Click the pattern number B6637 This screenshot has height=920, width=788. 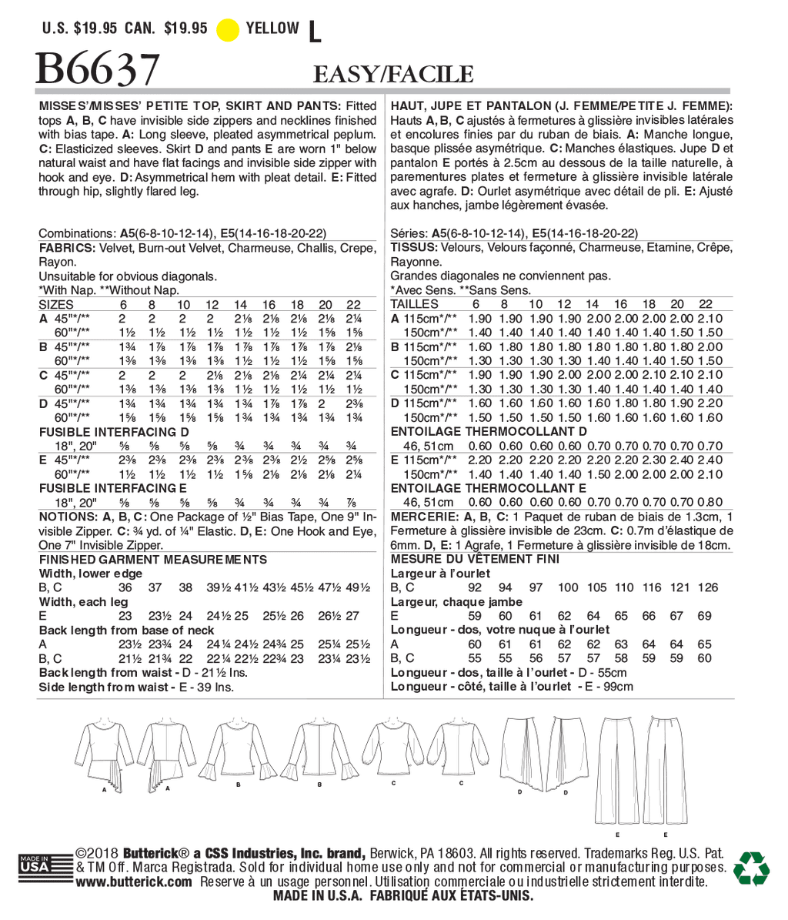[x=98, y=72]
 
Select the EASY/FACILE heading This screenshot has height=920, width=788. [x=392, y=74]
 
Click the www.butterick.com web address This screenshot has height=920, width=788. [x=134, y=882]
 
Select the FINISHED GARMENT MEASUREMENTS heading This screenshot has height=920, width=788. [x=153, y=560]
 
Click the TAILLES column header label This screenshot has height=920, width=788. [x=416, y=304]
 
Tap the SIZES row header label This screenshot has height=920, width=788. [x=56, y=304]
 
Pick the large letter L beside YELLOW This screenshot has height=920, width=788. [x=313, y=31]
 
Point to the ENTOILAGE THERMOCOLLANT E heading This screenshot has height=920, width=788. [x=489, y=488]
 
